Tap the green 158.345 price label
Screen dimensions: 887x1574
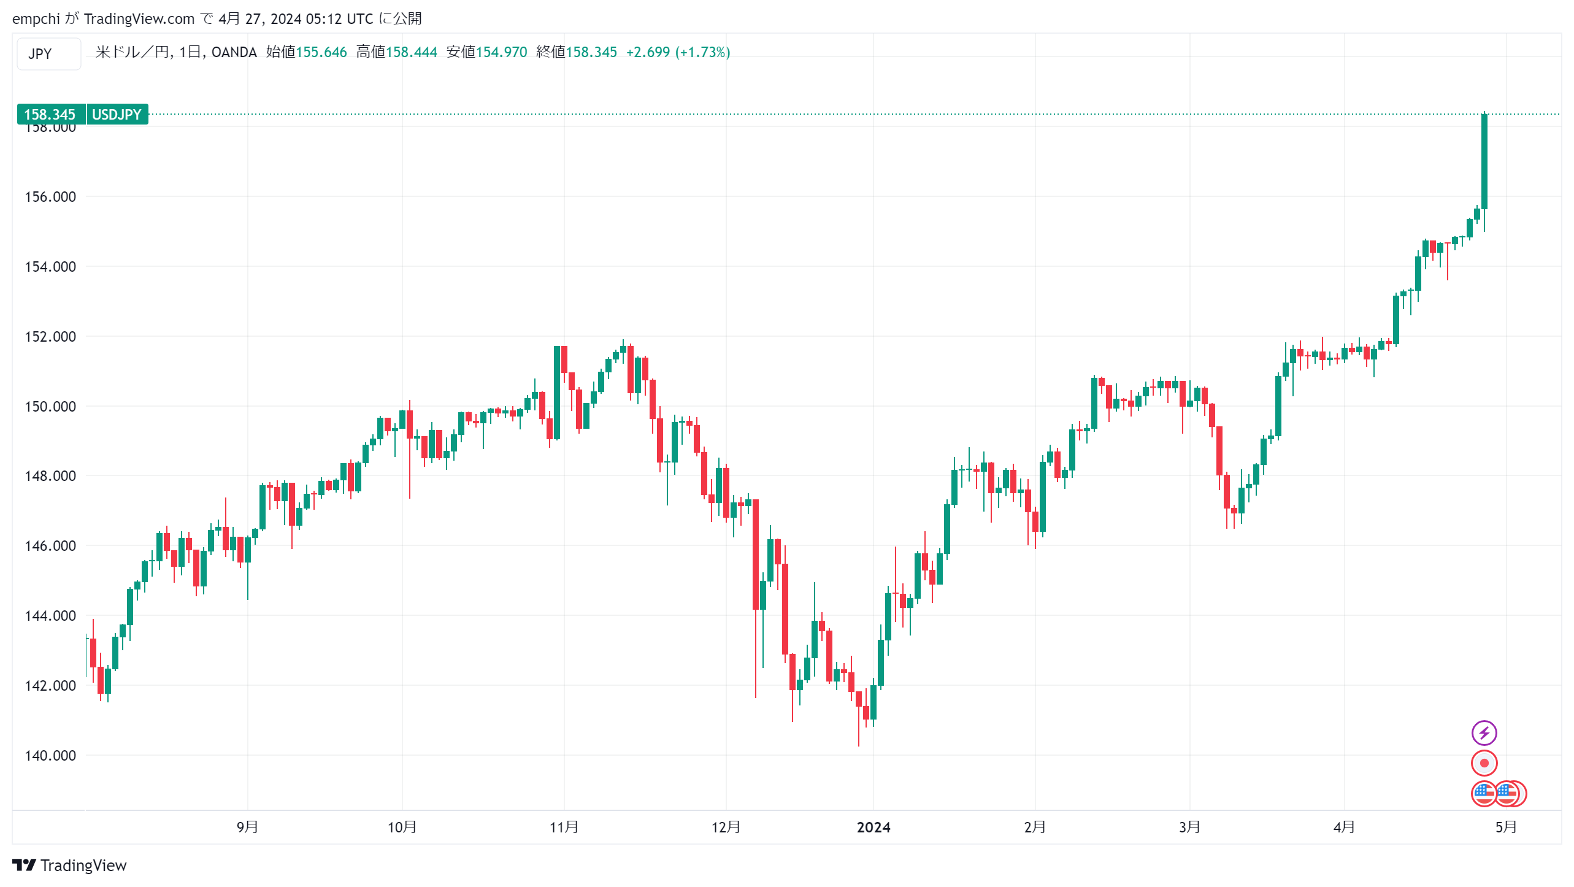pyautogui.click(x=50, y=115)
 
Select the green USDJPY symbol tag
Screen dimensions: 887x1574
pyautogui.click(x=117, y=115)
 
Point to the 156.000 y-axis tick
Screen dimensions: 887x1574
pyautogui.click(x=50, y=197)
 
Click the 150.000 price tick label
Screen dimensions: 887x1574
pyautogui.click(x=50, y=407)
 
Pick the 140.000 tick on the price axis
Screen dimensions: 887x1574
pyautogui.click(x=50, y=756)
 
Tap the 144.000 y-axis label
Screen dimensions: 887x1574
pyautogui.click(x=50, y=616)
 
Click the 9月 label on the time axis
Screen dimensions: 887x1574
pyautogui.click(x=247, y=827)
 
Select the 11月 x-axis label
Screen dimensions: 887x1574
pyautogui.click(x=564, y=827)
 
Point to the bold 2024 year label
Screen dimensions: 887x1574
pyautogui.click(x=873, y=827)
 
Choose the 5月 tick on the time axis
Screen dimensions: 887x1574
pyautogui.click(x=1506, y=827)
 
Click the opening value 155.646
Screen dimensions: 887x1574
pyautogui.click(x=321, y=52)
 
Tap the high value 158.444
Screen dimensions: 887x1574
pyautogui.click(x=412, y=52)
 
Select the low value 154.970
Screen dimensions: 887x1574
pyautogui.click(x=502, y=52)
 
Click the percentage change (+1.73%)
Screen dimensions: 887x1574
pyautogui.click(x=702, y=52)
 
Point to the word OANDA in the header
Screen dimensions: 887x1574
pyautogui.click(x=234, y=52)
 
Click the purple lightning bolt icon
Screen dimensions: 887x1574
pyautogui.click(x=1484, y=732)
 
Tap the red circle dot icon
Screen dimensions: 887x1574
pyautogui.click(x=1484, y=763)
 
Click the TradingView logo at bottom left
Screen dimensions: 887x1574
pyautogui.click(x=69, y=866)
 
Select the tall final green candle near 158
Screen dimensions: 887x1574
pyautogui.click(x=1484, y=161)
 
